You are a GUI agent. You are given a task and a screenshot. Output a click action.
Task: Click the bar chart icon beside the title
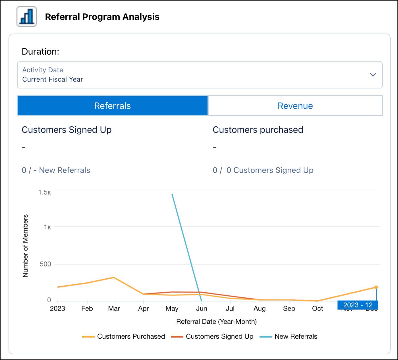27,16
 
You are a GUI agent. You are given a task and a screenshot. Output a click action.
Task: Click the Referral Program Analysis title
102,17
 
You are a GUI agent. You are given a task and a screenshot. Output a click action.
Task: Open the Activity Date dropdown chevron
373,75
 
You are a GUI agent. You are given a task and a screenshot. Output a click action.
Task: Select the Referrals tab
113,106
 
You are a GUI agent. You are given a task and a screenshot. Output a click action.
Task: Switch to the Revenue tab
295,106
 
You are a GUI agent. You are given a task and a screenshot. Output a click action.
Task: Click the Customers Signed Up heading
67,130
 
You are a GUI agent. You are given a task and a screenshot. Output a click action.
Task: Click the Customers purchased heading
258,130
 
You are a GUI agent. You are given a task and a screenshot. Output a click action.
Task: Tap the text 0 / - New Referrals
56,170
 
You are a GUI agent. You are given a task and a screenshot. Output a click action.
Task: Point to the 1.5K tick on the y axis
45,192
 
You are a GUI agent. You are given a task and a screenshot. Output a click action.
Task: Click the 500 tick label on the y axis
45,264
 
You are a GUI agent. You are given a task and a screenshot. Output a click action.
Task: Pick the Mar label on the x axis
114,309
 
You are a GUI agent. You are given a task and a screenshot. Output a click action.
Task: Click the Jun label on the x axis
202,309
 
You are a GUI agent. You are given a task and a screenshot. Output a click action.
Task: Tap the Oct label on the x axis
318,309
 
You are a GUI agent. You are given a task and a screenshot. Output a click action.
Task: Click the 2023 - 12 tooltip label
358,305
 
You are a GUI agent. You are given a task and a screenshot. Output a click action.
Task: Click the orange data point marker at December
376,287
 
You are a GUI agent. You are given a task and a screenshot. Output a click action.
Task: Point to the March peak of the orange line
114,277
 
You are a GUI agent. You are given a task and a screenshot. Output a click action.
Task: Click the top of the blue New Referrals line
172,195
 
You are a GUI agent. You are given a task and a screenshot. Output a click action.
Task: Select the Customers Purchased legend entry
124,336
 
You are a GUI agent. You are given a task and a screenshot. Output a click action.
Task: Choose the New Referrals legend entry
289,336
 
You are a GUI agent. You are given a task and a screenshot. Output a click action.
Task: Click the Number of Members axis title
25,246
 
